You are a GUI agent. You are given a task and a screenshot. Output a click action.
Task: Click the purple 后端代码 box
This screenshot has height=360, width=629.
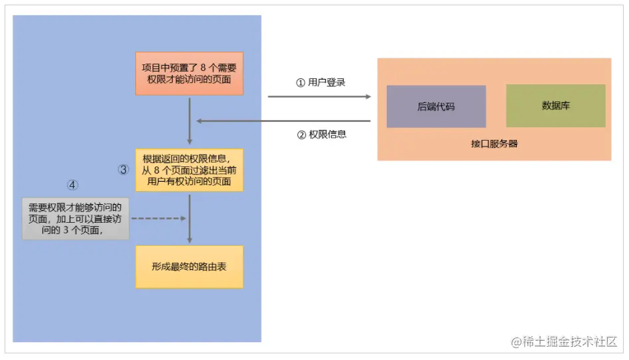[436, 106]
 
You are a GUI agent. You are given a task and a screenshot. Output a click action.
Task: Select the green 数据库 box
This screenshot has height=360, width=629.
[555, 105]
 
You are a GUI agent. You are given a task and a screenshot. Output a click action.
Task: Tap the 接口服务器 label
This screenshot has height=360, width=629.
[494, 143]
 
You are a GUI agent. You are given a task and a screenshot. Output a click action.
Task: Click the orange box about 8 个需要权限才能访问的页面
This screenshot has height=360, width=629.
[189, 74]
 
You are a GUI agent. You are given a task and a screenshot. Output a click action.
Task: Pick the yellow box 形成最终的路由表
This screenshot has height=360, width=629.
[189, 267]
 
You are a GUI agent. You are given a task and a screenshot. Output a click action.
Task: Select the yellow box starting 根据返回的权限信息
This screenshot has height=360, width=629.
[189, 170]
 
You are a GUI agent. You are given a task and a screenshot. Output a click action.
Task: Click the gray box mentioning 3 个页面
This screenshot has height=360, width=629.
[74, 219]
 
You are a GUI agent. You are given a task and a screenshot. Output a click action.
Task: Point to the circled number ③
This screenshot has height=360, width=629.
[123, 170]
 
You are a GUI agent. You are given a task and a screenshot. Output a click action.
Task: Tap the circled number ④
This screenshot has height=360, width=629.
[73, 184]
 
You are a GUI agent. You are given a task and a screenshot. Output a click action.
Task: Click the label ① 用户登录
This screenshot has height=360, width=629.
[320, 83]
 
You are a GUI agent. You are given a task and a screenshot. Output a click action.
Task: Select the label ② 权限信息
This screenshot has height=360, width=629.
[321, 134]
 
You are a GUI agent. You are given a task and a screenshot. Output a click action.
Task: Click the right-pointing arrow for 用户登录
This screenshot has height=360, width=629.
[319, 97]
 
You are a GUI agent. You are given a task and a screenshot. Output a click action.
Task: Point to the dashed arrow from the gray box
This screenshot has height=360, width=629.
[159, 218]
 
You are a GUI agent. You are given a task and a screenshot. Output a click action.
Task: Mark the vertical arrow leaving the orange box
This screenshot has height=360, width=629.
[190, 119]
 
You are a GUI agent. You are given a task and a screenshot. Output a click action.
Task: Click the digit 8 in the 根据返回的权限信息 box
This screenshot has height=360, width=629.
[157, 170]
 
